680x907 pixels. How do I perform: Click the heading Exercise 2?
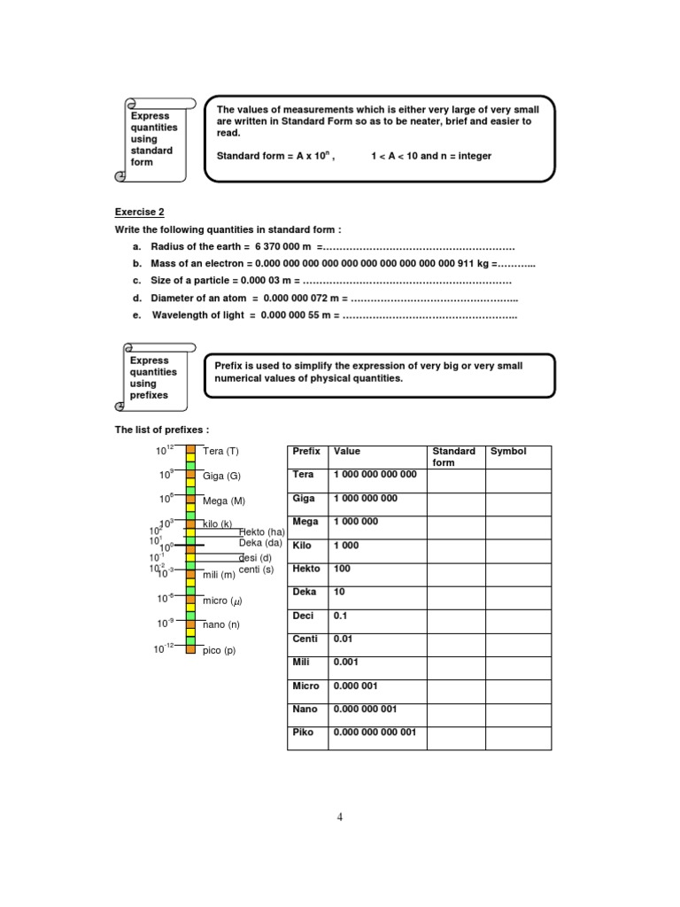coord(140,212)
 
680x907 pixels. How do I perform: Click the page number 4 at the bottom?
coord(339,817)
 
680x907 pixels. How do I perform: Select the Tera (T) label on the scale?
coord(220,452)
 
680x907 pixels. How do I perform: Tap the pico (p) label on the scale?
coord(219,650)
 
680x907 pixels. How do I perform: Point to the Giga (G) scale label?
coord(221,476)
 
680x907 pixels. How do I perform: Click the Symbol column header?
coord(508,452)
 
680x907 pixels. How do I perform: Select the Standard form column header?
coord(453,457)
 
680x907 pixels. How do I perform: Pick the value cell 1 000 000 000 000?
coord(375,475)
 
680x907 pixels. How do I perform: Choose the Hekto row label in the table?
coord(306,569)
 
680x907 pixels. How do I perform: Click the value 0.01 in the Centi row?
coord(343,639)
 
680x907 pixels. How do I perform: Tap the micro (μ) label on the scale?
coord(222,601)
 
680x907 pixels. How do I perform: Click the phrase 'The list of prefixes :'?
coord(162,430)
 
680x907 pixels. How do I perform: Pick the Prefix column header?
coord(306,452)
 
